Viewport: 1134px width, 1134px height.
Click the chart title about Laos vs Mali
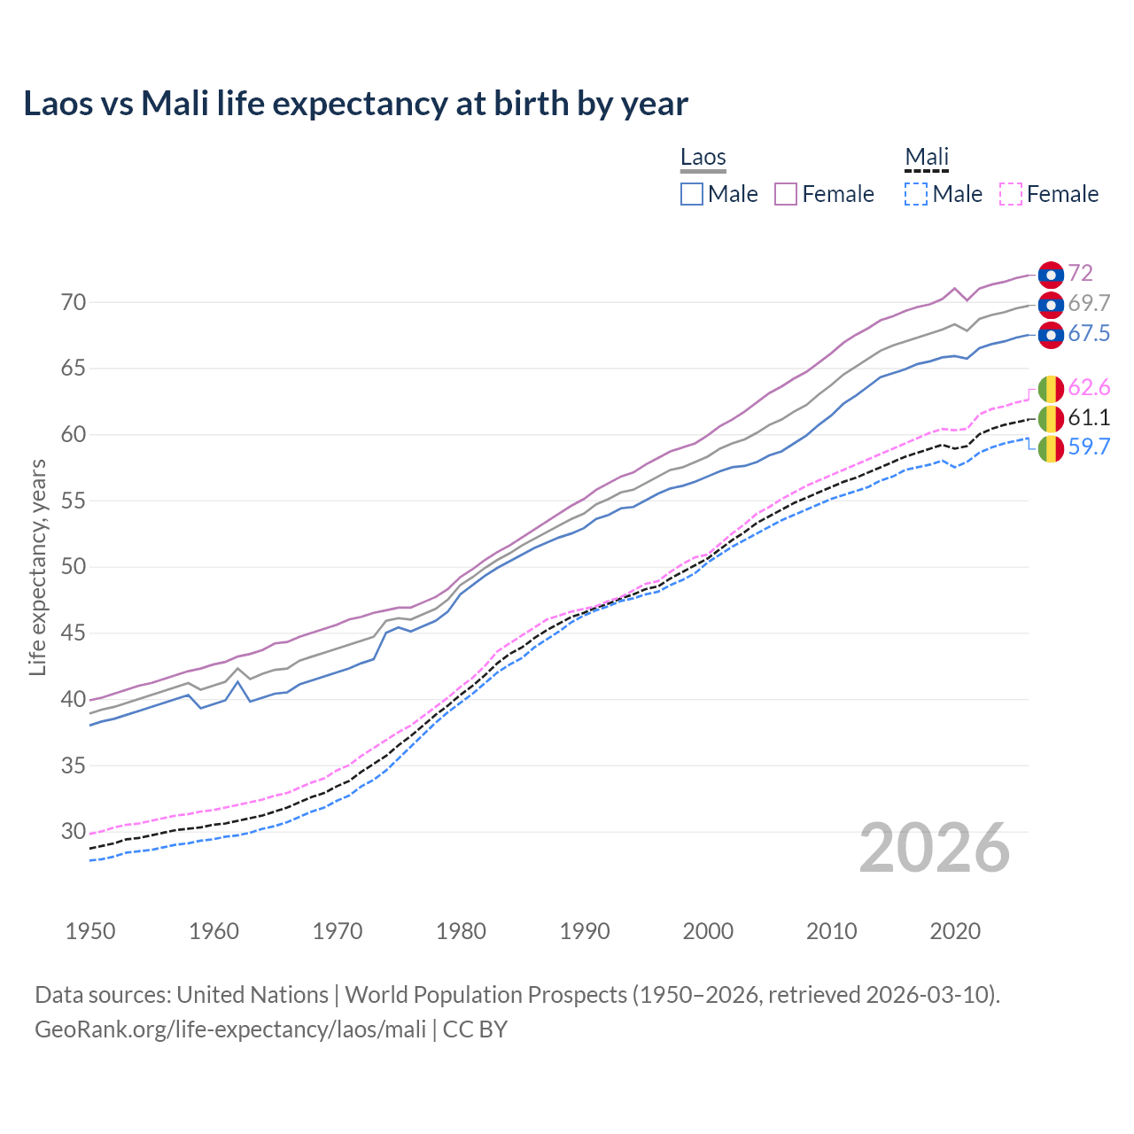(355, 104)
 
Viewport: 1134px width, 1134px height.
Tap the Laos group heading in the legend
(703, 158)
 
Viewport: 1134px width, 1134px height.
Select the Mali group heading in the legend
(927, 158)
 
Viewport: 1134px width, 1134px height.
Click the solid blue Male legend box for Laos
(692, 194)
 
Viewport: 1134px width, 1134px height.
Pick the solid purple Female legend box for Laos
(787, 194)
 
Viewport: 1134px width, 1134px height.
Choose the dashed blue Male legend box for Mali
(916, 194)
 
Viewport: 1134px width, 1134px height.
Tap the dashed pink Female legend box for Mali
(1011, 194)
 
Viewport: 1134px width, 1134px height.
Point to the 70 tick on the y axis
(74, 303)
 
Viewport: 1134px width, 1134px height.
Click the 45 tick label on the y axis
(74, 633)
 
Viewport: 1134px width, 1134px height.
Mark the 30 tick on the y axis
(74, 832)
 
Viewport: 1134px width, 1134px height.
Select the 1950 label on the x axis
(90, 931)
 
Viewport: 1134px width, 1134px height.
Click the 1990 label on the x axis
(585, 931)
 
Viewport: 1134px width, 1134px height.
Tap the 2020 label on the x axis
(955, 931)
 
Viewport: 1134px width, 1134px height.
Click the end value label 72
(1080, 274)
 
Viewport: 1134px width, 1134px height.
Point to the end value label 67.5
(1089, 334)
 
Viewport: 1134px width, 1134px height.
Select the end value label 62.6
(1089, 388)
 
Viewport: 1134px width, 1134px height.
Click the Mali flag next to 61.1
(1051, 418)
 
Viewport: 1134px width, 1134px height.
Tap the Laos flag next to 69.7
(1051, 305)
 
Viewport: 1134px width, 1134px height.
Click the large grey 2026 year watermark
(935, 849)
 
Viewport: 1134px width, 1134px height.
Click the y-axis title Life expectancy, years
(37, 567)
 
